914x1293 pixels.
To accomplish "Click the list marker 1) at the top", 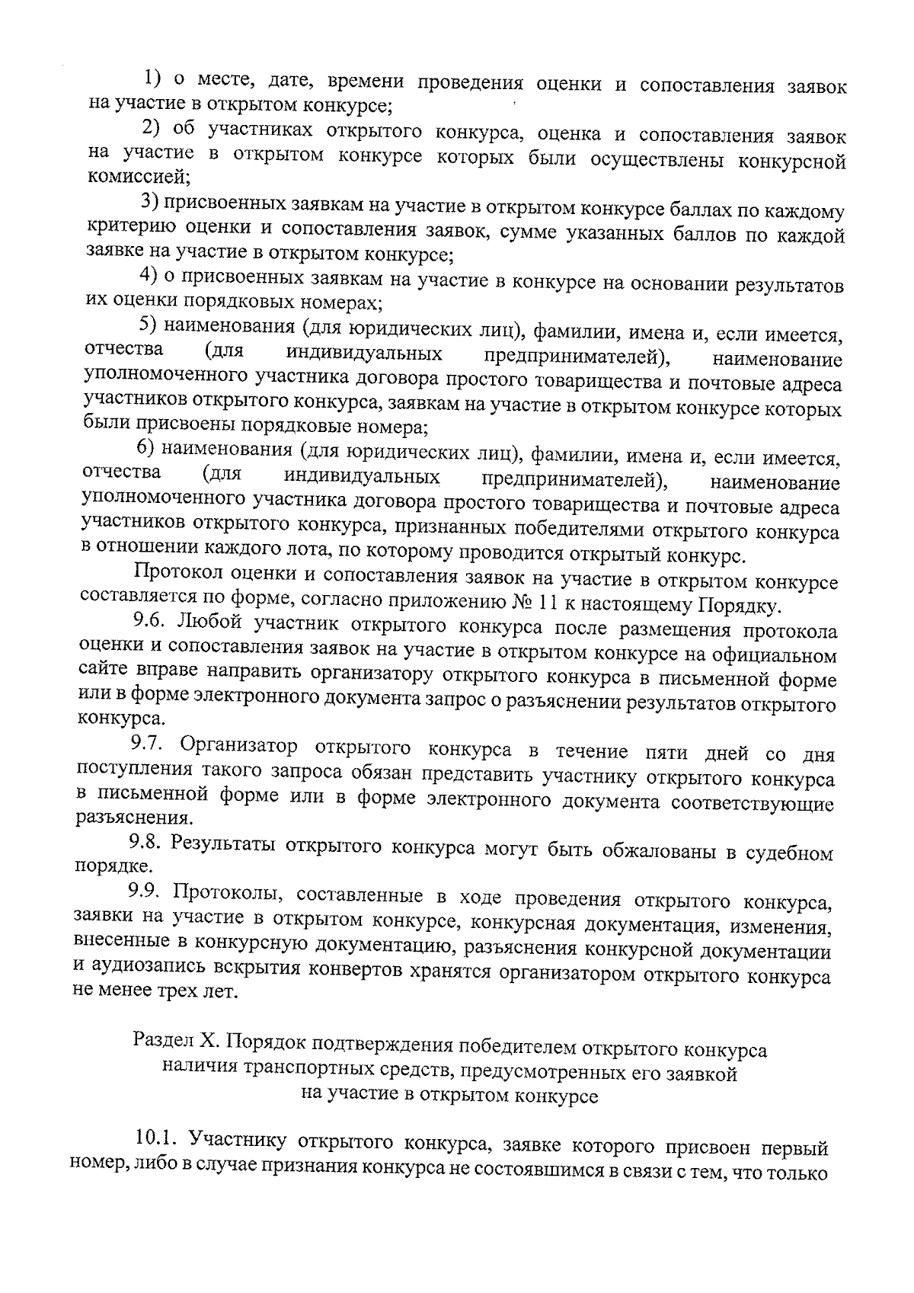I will [x=155, y=78].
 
